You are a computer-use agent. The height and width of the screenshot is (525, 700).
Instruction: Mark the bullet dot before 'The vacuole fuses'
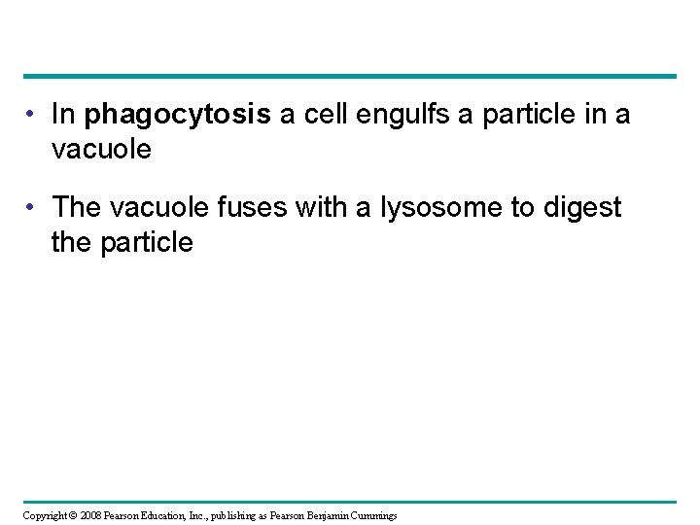pos(32,207)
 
